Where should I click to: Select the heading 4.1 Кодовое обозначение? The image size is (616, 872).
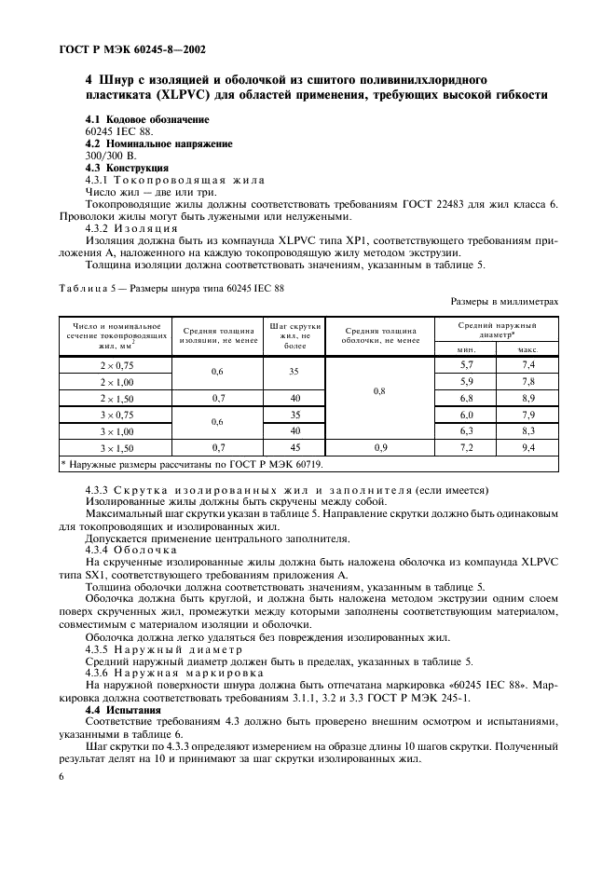(x=147, y=120)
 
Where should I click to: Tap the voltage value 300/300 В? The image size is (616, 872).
(x=110, y=156)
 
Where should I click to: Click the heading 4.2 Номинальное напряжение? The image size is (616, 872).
(x=158, y=143)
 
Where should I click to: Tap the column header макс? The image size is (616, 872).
(x=527, y=348)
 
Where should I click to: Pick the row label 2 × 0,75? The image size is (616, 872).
(x=116, y=365)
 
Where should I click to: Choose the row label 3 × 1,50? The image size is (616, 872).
(x=116, y=448)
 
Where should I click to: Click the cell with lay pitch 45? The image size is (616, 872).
(x=294, y=448)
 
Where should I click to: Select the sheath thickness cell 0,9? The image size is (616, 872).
(x=379, y=448)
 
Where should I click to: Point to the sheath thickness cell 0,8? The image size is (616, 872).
(x=379, y=390)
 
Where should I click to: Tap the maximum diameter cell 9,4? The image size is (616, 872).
(x=527, y=448)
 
